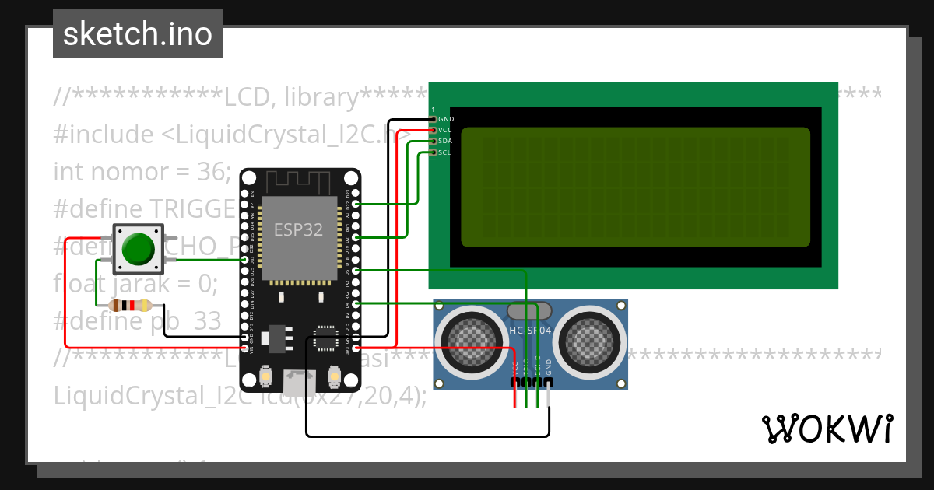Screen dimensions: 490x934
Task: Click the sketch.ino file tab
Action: coord(137,34)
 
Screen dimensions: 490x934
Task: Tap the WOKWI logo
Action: coord(827,429)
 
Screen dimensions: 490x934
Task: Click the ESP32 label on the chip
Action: coord(299,229)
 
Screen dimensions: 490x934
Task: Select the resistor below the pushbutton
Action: coord(130,306)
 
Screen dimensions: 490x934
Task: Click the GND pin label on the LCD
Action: coord(446,119)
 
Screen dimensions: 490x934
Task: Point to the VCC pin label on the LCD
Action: coord(445,130)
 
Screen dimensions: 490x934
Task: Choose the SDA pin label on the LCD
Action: coord(445,141)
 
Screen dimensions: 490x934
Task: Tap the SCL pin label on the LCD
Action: coord(444,152)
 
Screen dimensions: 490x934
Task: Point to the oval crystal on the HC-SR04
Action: coord(530,312)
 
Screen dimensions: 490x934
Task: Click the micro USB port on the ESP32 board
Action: coord(300,382)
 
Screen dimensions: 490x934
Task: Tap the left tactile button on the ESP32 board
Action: coord(266,376)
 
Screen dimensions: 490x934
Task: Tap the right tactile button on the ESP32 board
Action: coord(335,376)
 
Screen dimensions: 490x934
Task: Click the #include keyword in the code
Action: coord(104,135)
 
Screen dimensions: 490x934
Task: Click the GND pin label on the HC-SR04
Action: coord(549,366)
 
